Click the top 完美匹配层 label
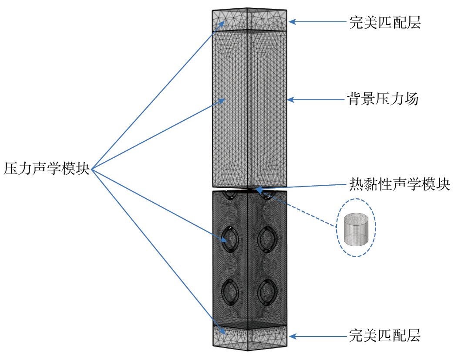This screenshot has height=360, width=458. [385, 22]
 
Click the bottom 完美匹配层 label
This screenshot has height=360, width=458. [385, 336]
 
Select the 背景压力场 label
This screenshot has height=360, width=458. [383, 100]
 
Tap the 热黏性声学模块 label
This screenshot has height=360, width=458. [400, 184]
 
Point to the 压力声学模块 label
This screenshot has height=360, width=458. [47, 168]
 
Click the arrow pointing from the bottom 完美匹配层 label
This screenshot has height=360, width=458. [318, 336]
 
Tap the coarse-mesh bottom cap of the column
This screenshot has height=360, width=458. [249, 338]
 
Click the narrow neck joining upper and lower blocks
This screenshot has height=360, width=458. [249, 189]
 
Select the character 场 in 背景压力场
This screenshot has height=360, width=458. [412, 100]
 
